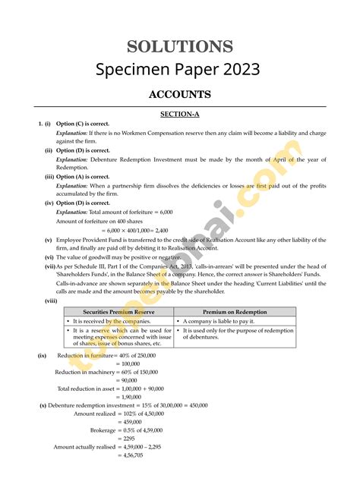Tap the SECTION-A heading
click(x=179, y=114)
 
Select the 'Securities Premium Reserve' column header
click(x=118, y=312)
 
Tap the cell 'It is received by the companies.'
click(x=110, y=322)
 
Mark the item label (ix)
click(x=43, y=354)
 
